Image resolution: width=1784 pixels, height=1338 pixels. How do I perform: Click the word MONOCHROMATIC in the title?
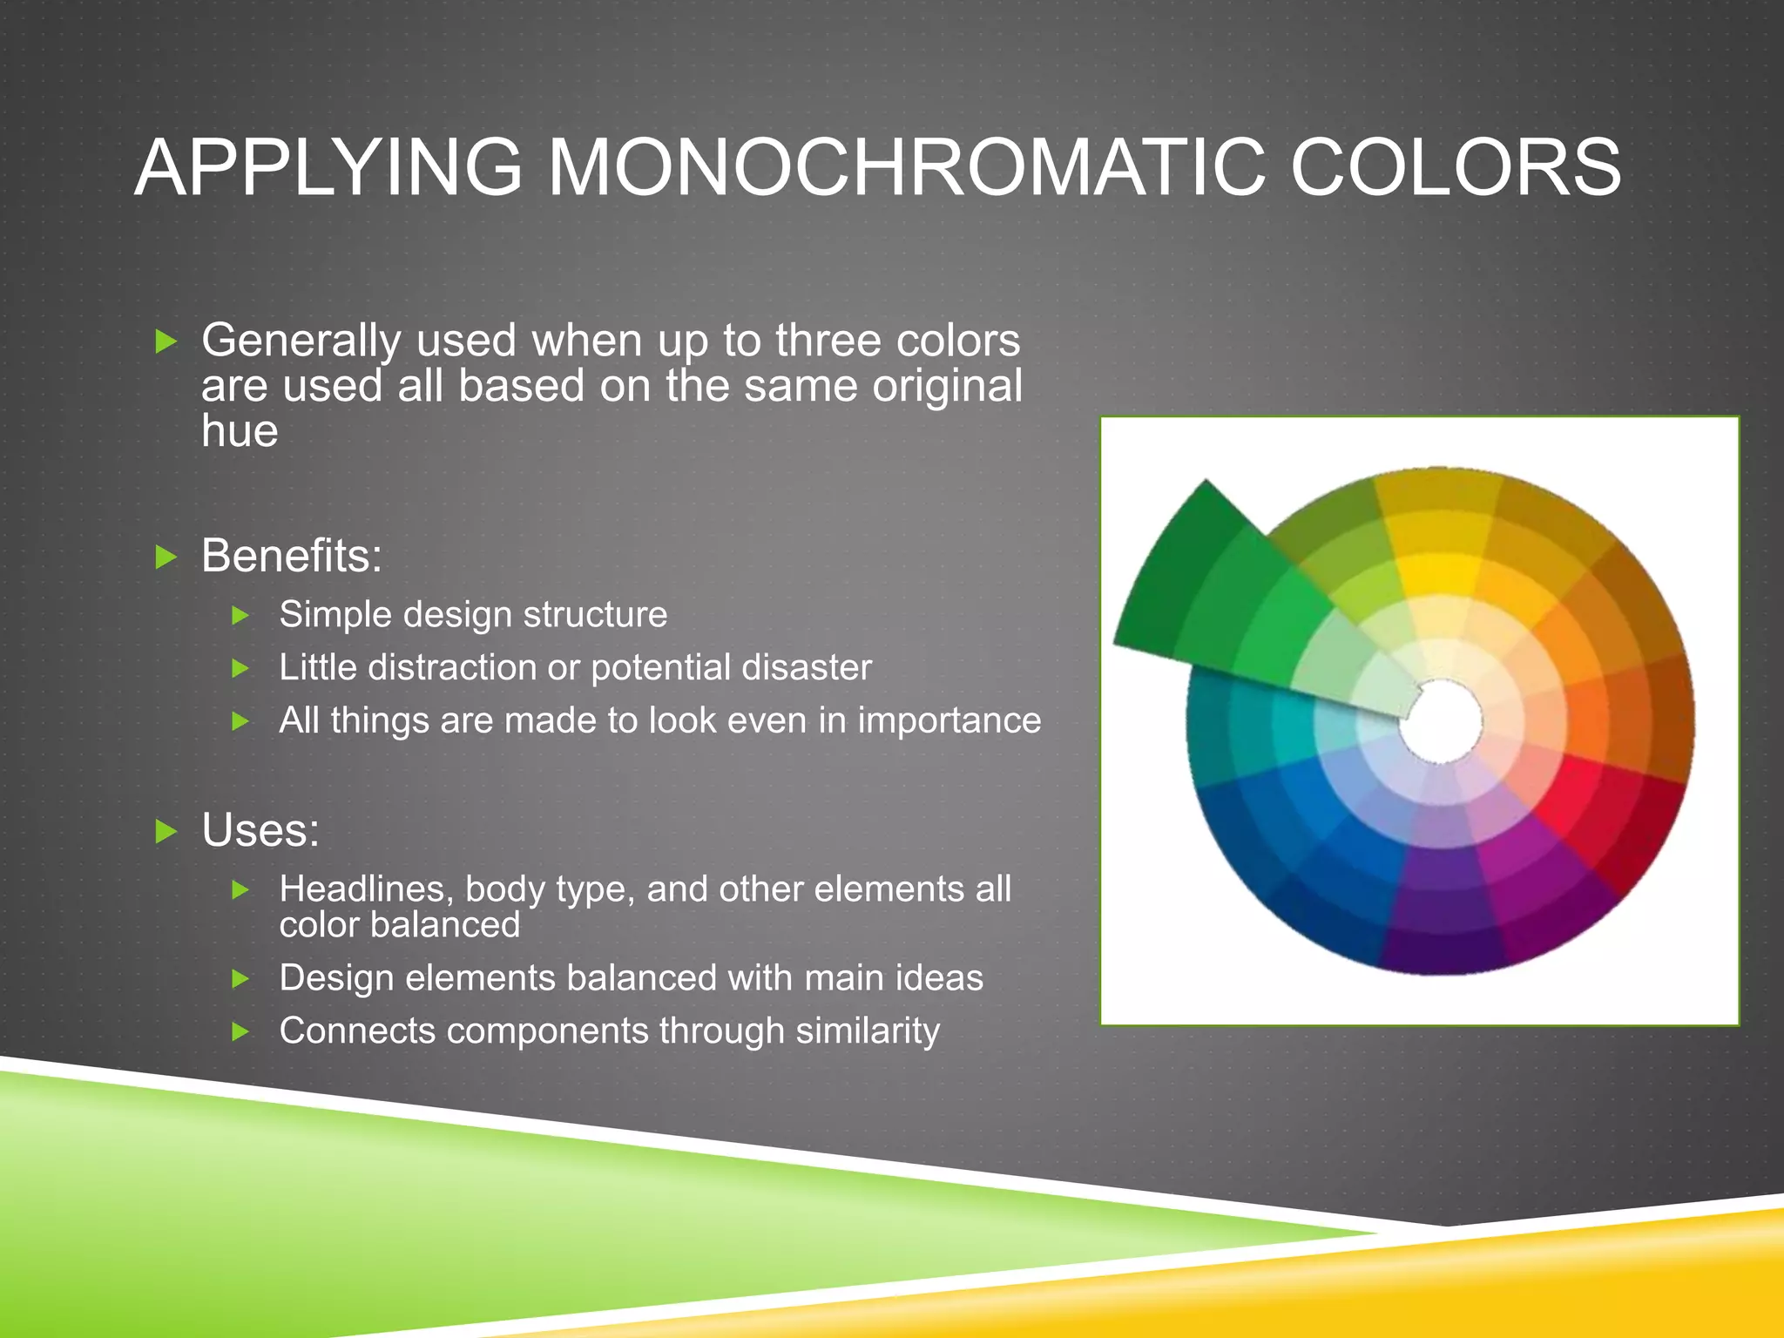[905, 167]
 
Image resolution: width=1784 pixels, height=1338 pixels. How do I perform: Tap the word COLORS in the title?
[1455, 167]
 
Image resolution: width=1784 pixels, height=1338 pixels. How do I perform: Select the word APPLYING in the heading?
[328, 167]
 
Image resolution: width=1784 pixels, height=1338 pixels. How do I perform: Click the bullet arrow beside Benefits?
[166, 557]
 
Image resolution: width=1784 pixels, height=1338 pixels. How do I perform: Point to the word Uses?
[260, 830]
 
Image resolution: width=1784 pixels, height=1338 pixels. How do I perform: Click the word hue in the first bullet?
[240, 432]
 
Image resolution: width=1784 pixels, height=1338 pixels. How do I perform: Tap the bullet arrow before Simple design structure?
[241, 617]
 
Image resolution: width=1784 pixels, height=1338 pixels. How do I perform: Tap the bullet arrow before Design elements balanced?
[241, 979]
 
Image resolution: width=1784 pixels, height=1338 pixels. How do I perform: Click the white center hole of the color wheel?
[1441, 721]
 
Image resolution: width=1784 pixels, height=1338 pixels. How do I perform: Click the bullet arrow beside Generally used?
[166, 341]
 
